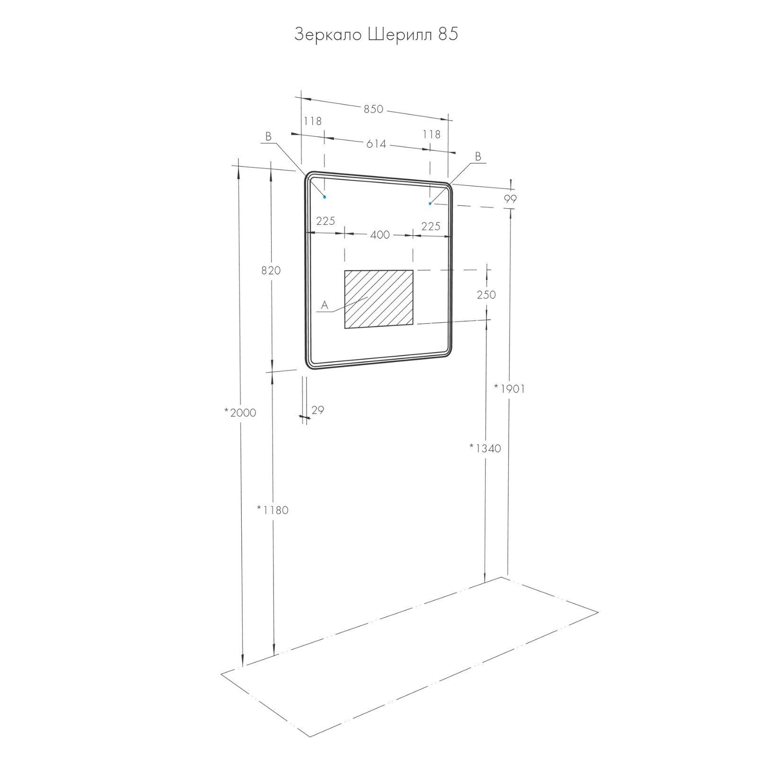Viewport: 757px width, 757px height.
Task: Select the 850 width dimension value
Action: (373, 109)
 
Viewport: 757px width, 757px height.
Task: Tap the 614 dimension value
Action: (376, 144)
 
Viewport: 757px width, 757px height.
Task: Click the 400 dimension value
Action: (379, 235)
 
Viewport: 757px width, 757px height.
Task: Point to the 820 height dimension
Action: (271, 271)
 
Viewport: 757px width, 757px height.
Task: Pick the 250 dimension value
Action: (486, 295)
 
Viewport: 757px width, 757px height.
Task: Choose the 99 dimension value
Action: (510, 199)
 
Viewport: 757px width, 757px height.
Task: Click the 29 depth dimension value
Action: (318, 410)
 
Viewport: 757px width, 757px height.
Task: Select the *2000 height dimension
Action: (240, 413)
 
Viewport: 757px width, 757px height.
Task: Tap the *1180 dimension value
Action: (273, 510)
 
